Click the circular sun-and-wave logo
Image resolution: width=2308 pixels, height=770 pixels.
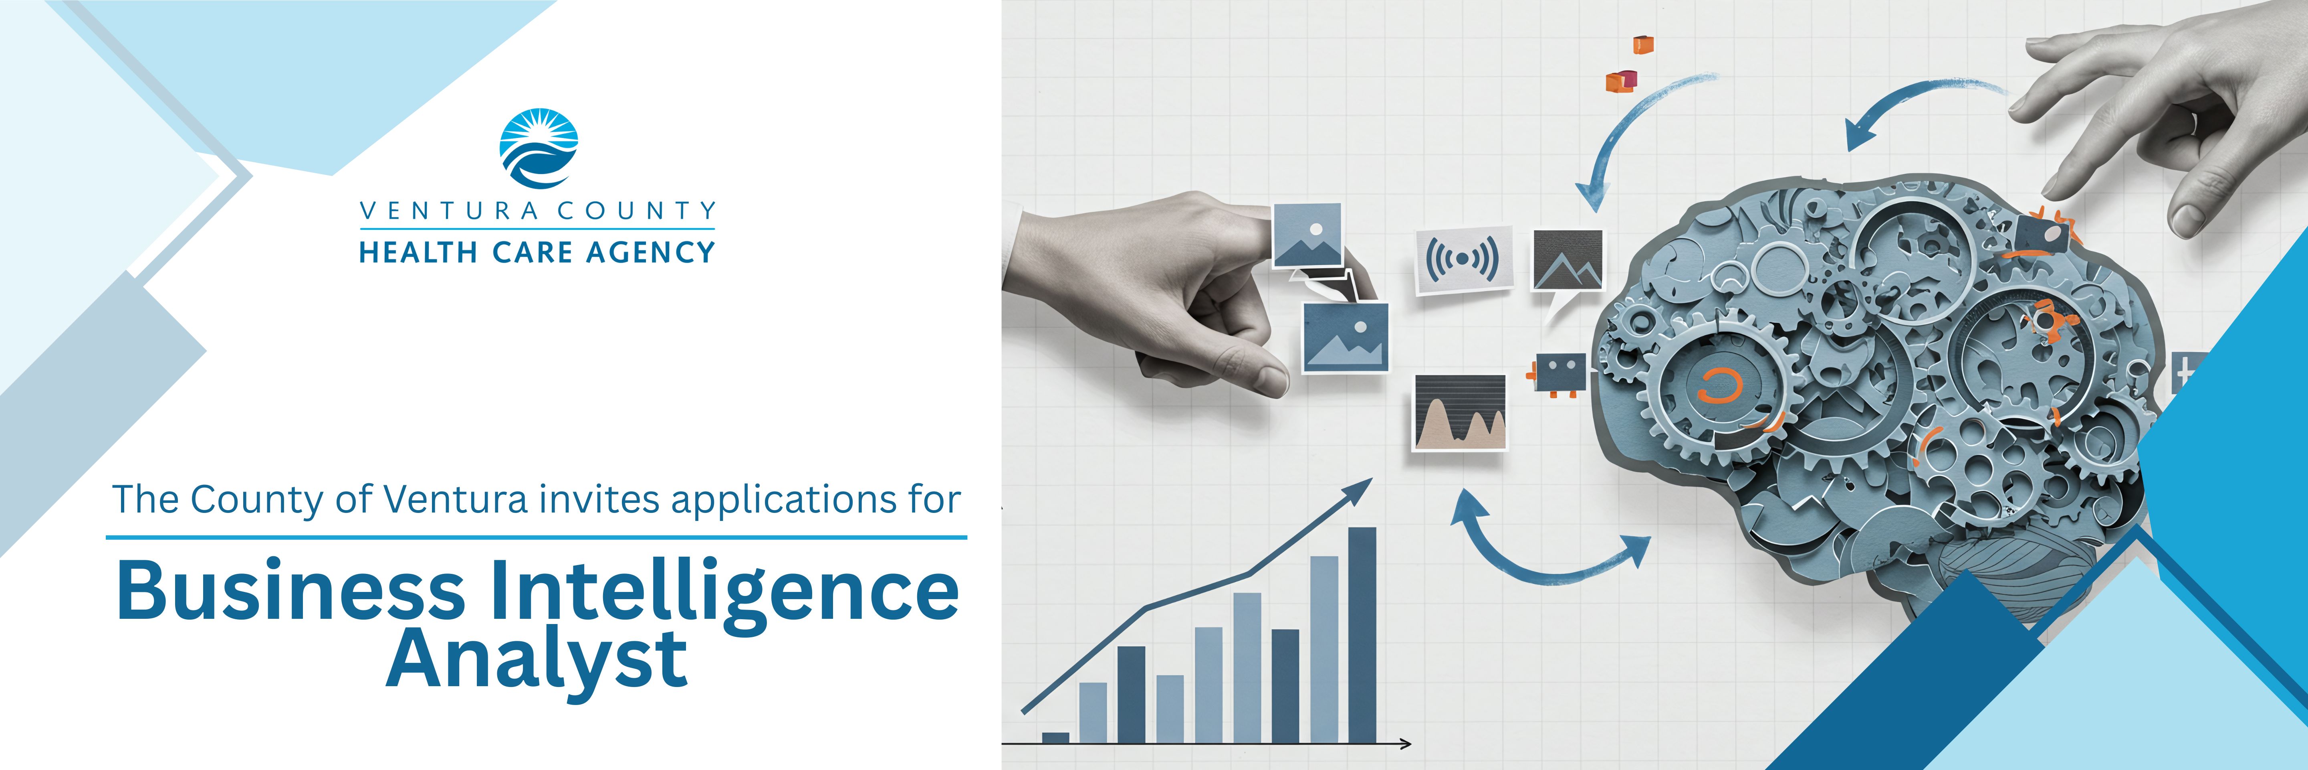click(x=538, y=149)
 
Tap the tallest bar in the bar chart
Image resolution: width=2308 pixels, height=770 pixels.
click(x=1362, y=634)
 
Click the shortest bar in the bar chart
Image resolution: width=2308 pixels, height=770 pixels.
click(x=1055, y=738)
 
